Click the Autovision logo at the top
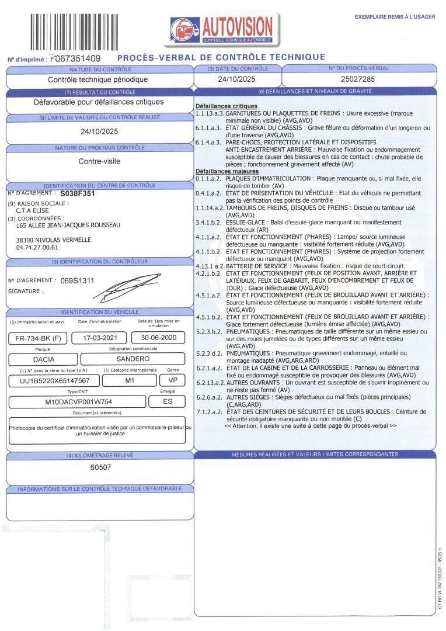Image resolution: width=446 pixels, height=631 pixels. point(222,28)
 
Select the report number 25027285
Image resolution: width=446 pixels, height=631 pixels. point(358,78)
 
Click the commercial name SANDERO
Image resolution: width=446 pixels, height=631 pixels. point(133,359)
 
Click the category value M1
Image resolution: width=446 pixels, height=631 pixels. point(130,380)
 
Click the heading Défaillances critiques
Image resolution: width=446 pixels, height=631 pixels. point(218,106)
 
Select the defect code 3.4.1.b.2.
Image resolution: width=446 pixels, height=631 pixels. point(209,223)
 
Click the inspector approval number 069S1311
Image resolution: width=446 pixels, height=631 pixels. point(78,280)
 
